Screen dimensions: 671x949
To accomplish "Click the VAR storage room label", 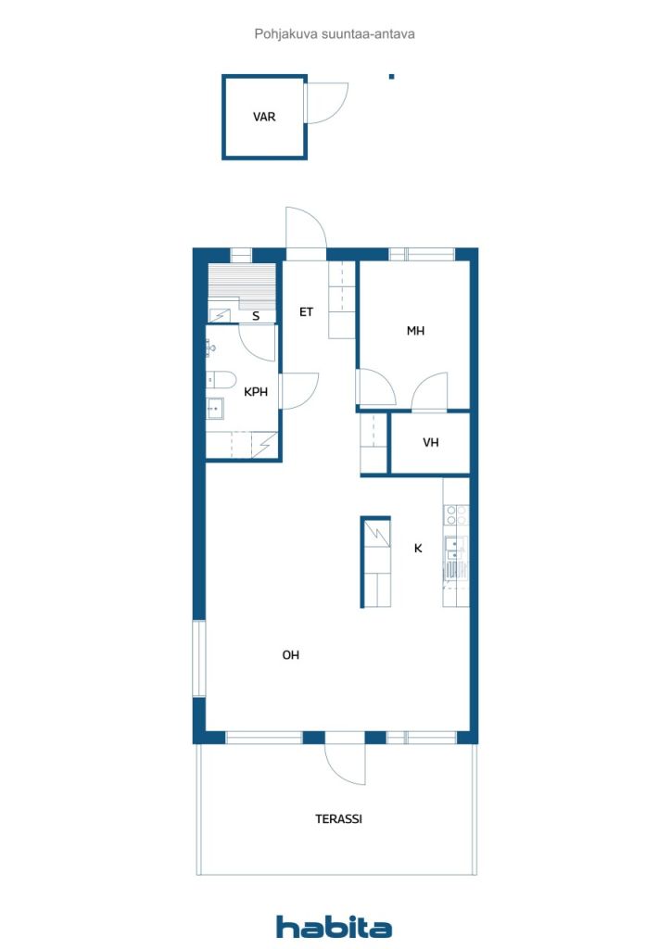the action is pyautogui.click(x=264, y=117).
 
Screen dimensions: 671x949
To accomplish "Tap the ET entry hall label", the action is pyautogui.click(x=306, y=312).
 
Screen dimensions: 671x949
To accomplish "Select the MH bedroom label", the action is pyautogui.click(x=416, y=331).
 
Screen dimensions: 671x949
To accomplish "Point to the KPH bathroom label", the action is pyautogui.click(x=255, y=392).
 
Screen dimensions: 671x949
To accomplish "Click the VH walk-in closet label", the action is pyautogui.click(x=431, y=443).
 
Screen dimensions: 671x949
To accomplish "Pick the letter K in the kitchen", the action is pyautogui.click(x=418, y=549).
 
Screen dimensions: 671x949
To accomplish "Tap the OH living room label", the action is pyautogui.click(x=290, y=655).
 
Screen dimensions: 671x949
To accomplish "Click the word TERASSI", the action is pyautogui.click(x=339, y=819).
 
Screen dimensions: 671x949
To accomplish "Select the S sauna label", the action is pyautogui.click(x=256, y=316).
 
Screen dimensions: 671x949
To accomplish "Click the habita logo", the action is pyautogui.click(x=334, y=927).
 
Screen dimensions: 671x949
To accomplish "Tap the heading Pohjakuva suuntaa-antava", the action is pyautogui.click(x=335, y=34).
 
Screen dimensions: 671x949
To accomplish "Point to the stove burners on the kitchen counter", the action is pyautogui.click(x=456, y=515).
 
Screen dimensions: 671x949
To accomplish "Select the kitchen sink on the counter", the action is pyautogui.click(x=455, y=547).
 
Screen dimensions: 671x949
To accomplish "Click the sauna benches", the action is pyautogui.click(x=241, y=286).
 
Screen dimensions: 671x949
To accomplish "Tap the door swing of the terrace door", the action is pyautogui.click(x=346, y=764).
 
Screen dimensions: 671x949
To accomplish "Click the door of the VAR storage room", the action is pyautogui.click(x=327, y=103).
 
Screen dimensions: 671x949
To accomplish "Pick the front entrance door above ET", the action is pyautogui.click(x=306, y=228).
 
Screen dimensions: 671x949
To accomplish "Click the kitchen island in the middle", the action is pyautogui.click(x=375, y=562).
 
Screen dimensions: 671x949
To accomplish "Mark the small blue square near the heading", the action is pyautogui.click(x=391, y=77).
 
